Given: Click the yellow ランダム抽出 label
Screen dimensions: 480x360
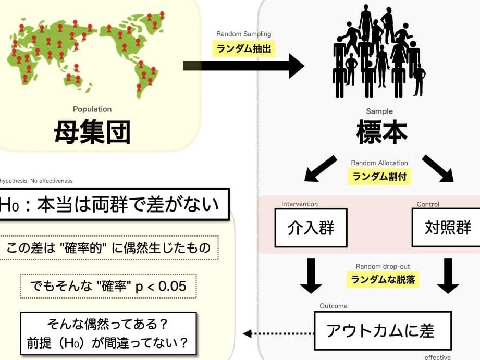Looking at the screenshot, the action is [x=244, y=48].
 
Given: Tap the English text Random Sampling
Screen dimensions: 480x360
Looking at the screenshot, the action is [x=244, y=34].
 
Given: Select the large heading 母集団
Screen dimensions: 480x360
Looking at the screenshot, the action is [x=92, y=132].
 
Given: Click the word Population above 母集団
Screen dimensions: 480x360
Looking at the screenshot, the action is [x=92, y=109].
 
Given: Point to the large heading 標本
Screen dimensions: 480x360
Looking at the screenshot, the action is [x=381, y=132].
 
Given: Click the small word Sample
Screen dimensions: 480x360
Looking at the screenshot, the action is [x=379, y=111].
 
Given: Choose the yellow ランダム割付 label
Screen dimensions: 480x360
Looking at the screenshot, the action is [x=379, y=177].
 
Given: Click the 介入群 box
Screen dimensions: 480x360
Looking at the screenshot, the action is [x=311, y=228].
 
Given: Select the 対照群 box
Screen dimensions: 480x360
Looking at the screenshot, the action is [x=446, y=228].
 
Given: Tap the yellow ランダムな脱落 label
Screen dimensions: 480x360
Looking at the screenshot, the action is [x=383, y=279].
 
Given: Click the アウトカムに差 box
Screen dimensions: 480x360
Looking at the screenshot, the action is [x=383, y=331].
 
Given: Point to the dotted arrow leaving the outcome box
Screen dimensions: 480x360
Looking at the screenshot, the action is [x=279, y=333].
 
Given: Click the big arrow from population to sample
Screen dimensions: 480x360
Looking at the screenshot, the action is [x=244, y=66].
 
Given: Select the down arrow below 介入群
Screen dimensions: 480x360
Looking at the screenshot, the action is [x=311, y=276].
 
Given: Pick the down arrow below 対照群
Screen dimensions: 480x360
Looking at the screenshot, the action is [x=448, y=276].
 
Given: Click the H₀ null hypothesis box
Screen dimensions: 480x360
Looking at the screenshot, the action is [x=114, y=204].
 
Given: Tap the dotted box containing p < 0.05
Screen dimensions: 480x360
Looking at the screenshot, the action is [x=108, y=286].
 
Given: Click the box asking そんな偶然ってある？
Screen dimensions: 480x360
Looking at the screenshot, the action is [x=108, y=333].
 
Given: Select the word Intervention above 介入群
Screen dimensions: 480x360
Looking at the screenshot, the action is [x=300, y=204].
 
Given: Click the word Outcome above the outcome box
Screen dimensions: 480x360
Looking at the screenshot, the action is [x=334, y=306].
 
